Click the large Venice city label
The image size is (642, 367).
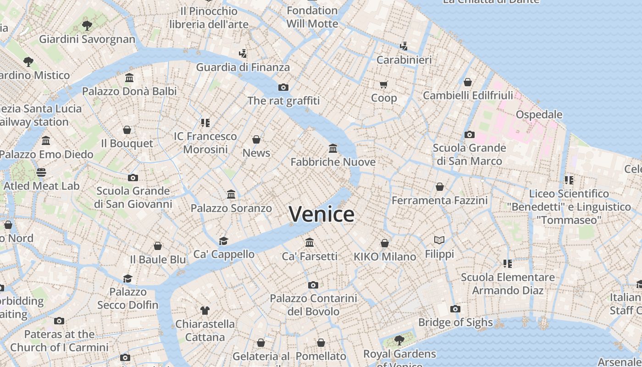(321, 214)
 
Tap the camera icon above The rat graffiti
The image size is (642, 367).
(283, 87)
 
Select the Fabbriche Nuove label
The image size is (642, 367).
(333, 162)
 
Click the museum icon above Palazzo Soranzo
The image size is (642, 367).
(231, 195)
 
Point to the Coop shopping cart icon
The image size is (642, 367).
(384, 84)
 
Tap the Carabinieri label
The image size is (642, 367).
(404, 60)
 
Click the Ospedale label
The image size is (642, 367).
(539, 114)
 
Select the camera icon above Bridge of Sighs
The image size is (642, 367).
(455, 309)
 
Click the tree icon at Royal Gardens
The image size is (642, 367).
(399, 340)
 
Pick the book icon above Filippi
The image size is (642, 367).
(439, 240)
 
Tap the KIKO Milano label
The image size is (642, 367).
(385, 256)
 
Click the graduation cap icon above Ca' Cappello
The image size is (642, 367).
(223, 241)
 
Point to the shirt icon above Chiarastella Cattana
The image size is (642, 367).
(205, 311)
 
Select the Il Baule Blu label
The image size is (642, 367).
(158, 259)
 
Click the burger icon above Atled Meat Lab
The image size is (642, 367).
(41, 172)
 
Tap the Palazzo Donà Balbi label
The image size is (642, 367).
(129, 91)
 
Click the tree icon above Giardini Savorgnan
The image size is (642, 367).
(87, 26)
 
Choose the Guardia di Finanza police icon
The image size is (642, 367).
(243, 54)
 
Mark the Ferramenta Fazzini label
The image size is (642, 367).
(439, 200)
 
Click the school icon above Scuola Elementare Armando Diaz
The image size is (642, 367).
(507, 263)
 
